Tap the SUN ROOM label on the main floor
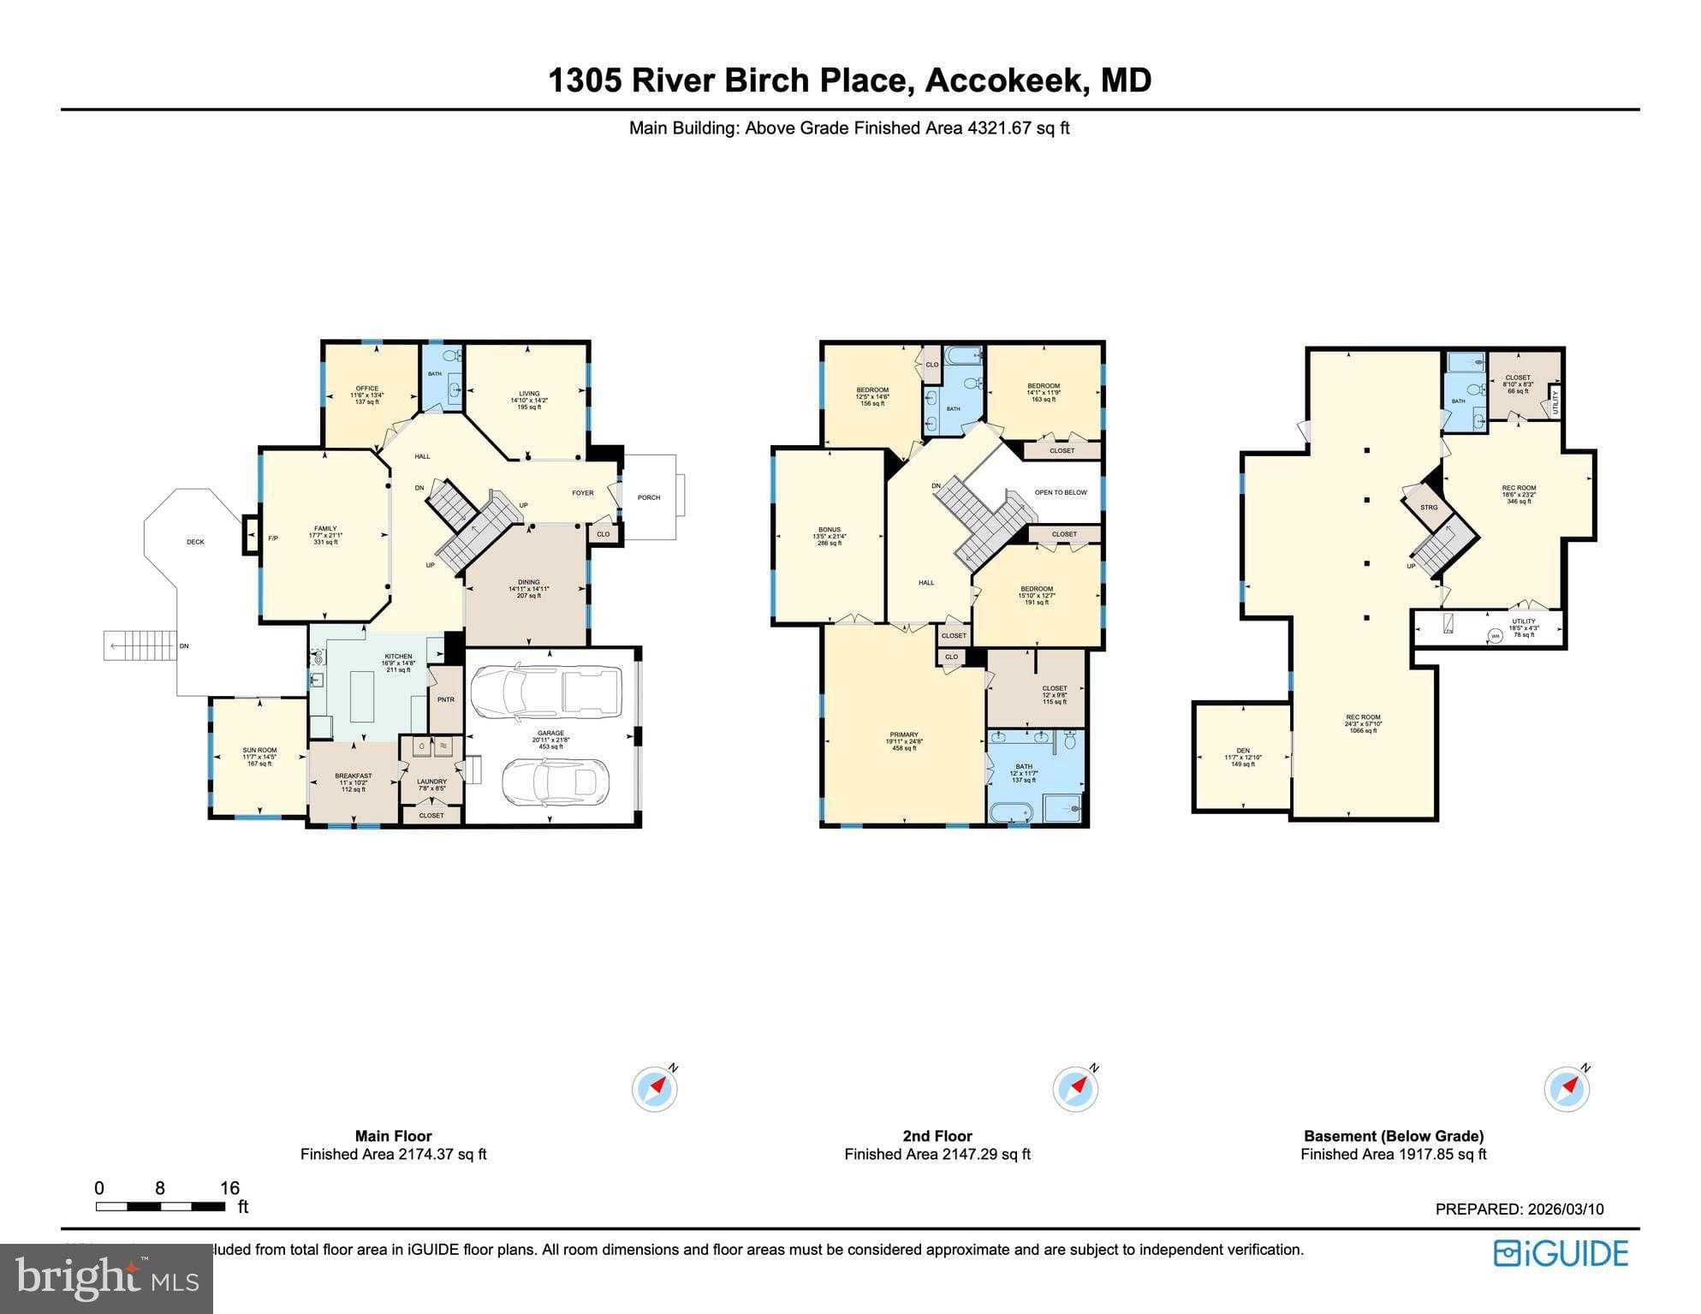pos(259,750)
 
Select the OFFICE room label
pos(367,389)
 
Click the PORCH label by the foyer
pos(649,497)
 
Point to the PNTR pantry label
pos(445,699)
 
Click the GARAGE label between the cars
pos(550,734)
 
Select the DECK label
pos(195,542)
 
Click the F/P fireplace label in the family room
pos(273,538)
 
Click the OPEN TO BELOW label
pos(1060,492)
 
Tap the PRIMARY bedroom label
pos(904,734)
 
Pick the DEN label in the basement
pos(1243,751)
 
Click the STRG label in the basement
pos(1429,508)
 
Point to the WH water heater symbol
pos(1495,635)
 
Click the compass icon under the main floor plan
pos(655,1089)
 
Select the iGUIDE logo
pos(1561,1253)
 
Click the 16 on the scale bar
pos(229,1188)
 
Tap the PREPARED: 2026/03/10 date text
pos(1520,1209)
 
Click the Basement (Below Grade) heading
pos(1393,1136)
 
